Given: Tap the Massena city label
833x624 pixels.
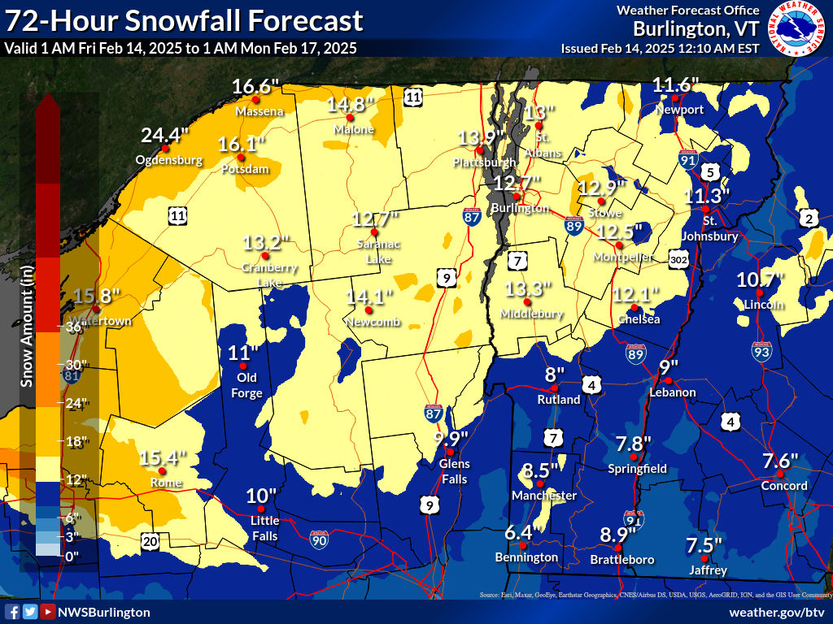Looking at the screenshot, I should point(259,110).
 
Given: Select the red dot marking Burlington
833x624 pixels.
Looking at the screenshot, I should point(517,196).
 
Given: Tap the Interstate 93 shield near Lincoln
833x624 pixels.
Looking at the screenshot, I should point(761,351).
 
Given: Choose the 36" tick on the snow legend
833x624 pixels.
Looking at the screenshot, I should point(76,327).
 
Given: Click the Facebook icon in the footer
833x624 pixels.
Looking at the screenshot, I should point(12,612).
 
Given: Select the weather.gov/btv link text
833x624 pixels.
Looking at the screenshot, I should point(777,612).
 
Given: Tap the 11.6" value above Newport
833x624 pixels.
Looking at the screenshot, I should point(676,84).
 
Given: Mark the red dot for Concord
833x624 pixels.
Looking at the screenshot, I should point(779,474).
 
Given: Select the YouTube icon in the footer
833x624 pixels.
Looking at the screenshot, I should point(48,612).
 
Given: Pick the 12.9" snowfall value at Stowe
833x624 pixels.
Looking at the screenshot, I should point(601,188).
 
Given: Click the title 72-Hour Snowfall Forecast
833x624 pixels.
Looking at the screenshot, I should point(183,20).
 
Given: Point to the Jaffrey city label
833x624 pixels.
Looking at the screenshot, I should point(707,570).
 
